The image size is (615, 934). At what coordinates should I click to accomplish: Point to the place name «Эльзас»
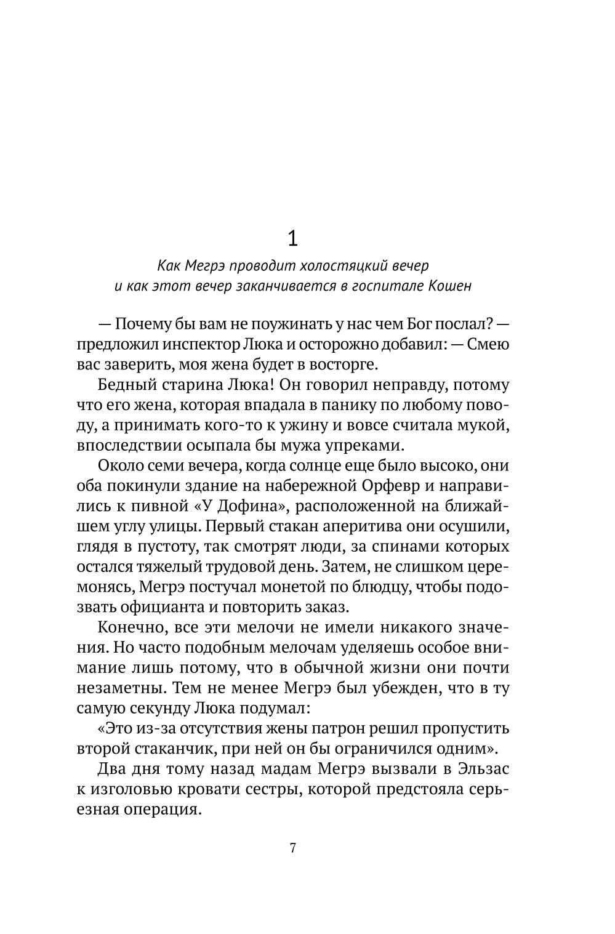point(484,769)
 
